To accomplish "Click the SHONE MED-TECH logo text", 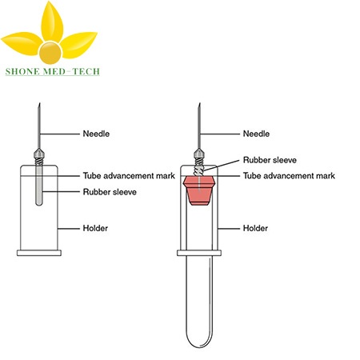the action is (x=53, y=71).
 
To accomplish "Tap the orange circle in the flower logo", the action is (x=50, y=53).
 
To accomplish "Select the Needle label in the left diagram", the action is (x=96, y=134).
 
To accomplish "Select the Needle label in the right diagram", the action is (x=256, y=134).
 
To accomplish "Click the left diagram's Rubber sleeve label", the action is (x=110, y=192).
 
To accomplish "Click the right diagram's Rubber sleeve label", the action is (x=270, y=160).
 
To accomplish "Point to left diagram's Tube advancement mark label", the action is (x=129, y=176).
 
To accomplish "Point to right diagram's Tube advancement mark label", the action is (x=289, y=176).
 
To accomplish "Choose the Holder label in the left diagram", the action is (x=95, y=228).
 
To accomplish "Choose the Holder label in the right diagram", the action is (x=255, y=228).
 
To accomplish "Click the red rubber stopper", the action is (x=199, y=190).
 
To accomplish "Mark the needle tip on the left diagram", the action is (x=39, y=103).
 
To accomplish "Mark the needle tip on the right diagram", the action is (x=199, y=103).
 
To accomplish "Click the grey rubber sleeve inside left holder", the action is (x=39, y=186).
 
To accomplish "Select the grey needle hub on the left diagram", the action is (x=39, y=154).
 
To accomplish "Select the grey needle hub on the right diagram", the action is (x=199, y=154).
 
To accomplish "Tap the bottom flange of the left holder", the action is (x=39, y=253).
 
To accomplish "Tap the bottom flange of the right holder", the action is (x=199, y=253).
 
